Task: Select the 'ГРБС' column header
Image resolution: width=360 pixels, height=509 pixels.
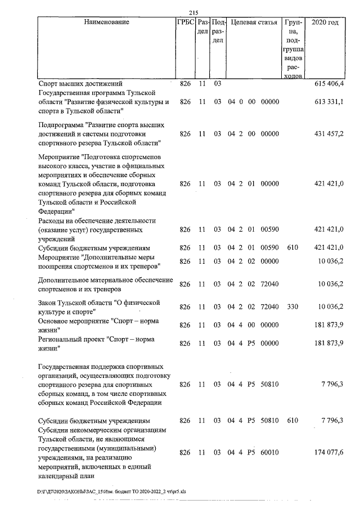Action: [x=185, y=22]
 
